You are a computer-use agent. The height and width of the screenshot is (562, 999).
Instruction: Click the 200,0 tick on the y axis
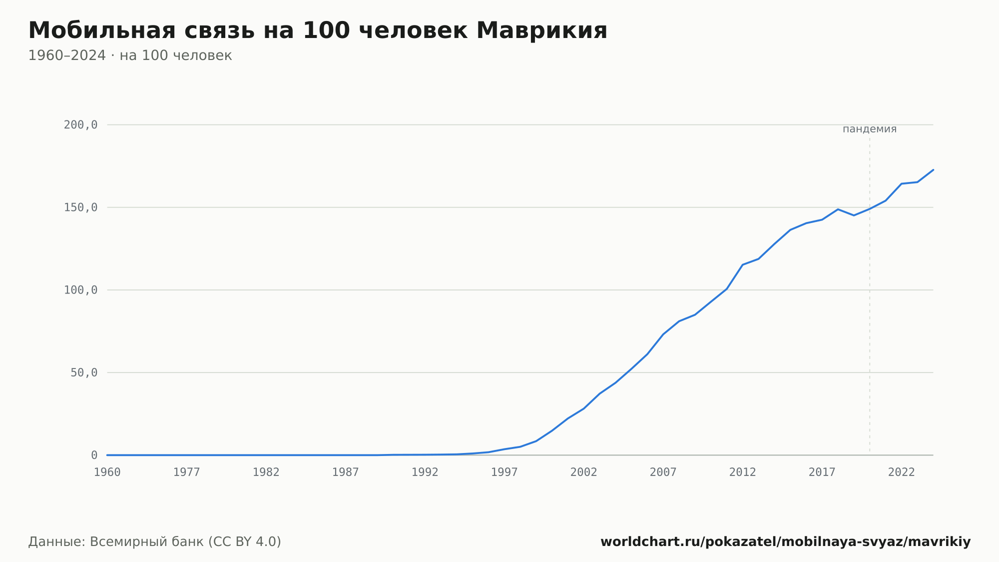point(80,125)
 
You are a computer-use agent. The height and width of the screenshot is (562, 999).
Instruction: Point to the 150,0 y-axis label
point(80,207)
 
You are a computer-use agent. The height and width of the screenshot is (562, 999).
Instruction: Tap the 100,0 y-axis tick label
point(80,290)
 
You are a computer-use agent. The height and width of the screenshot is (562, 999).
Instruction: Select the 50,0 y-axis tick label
point(84,372)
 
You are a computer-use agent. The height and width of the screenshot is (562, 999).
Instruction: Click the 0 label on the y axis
point(94,455)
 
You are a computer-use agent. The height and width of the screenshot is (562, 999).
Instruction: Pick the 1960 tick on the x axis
point(107,472)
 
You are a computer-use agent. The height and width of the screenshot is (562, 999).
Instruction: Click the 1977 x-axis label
point(187,472)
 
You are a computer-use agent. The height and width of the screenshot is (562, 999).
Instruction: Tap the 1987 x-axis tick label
point(346,472)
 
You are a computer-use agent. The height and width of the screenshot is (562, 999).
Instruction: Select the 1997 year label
point(504,472)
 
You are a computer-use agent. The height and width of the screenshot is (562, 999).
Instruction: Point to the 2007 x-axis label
point(663,472)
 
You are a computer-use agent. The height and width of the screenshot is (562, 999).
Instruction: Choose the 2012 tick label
point(743,472)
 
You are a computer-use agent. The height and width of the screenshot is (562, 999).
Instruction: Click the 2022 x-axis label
point(902,472)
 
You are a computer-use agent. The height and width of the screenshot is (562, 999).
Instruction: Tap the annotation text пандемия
point(870,129)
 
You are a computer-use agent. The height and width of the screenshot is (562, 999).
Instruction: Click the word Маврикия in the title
point(542,30)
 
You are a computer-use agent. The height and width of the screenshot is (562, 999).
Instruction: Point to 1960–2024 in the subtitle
point(67,55)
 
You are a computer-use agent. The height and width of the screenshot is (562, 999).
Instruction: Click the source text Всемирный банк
point(147,542)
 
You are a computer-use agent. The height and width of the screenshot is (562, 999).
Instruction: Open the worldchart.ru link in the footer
point(786,542)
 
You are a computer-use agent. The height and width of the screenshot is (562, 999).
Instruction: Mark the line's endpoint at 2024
point(933,170)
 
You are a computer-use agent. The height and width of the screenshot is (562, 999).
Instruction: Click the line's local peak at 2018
point(838,209)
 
